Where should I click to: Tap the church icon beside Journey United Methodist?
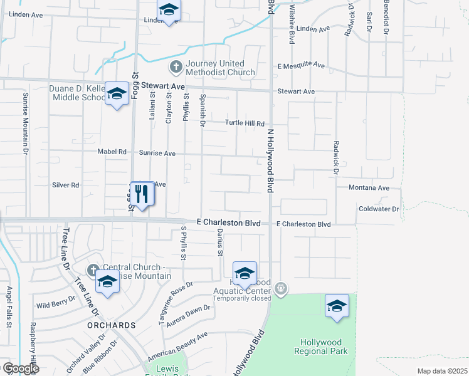(176, 65)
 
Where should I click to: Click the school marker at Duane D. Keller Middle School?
(116, 93)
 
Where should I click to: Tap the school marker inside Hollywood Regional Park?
(337, 306)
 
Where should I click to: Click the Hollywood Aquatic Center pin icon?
(281, 288)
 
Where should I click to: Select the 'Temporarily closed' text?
(241, 298)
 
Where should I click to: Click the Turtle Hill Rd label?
(245, 123)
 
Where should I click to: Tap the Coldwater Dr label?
(379, 209)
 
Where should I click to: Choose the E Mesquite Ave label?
(302, 65)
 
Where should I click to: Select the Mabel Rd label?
(112, 152)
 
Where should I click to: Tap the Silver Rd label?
(66, 185)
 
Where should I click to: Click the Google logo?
(21, 368)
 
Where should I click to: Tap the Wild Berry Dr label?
(56, 305)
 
